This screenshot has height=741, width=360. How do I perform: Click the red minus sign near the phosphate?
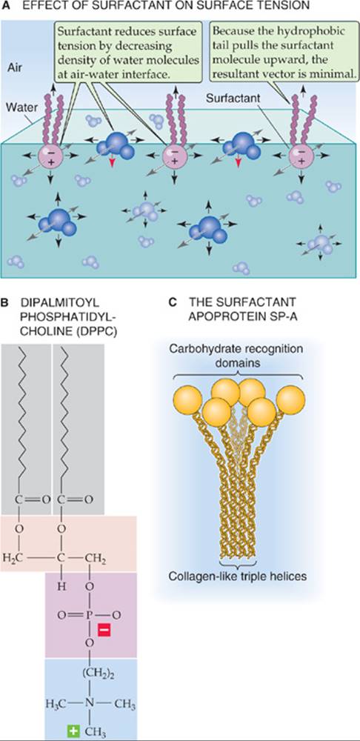click(104, 629)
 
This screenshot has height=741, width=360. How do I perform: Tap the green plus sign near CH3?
click(73, 731)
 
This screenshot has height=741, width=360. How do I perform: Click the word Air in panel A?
click(16, 68)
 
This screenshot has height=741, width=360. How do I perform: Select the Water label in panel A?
click(19, 108)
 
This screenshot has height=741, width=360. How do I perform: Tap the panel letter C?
click(173, 302)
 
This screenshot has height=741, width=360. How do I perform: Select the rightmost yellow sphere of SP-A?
click(290, 399)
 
